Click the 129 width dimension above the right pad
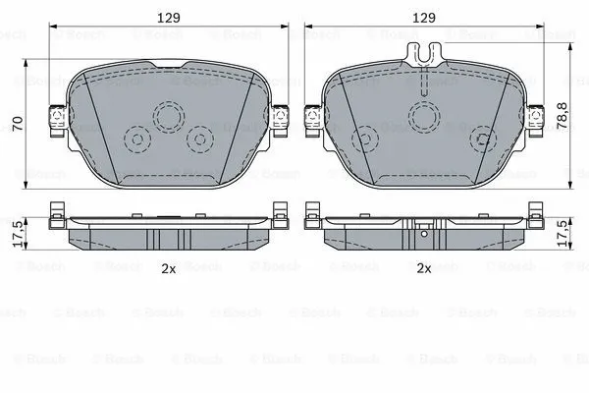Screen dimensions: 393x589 pyautogui.click(x=423, y=17)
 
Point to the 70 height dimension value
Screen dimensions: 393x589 pyautogui.click(x=17, y=125)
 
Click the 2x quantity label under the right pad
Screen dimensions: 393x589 pyautogui.click(x=424, y=267)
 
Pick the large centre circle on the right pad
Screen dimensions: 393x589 pyautogui.click(x=425, y=115)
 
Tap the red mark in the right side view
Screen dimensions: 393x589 pyautogui.click(x=423, y=233)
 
